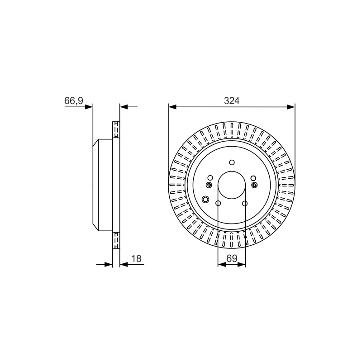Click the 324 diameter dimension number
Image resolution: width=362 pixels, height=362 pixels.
click(232, 101)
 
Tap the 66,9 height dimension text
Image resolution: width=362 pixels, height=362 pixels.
click(74, 101)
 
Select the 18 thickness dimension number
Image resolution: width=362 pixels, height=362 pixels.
click(136, 258)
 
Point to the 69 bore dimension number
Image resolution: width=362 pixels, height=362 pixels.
click(232, 258)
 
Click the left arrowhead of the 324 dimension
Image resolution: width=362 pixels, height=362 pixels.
click(172, 107)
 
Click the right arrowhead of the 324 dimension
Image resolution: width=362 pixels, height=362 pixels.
click(291, 107)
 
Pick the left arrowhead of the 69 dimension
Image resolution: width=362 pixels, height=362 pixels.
click(222, 264)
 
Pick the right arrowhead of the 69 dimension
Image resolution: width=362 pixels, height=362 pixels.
click(242, 264)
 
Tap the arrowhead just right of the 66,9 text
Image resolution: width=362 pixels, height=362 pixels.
click(89, 107)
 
